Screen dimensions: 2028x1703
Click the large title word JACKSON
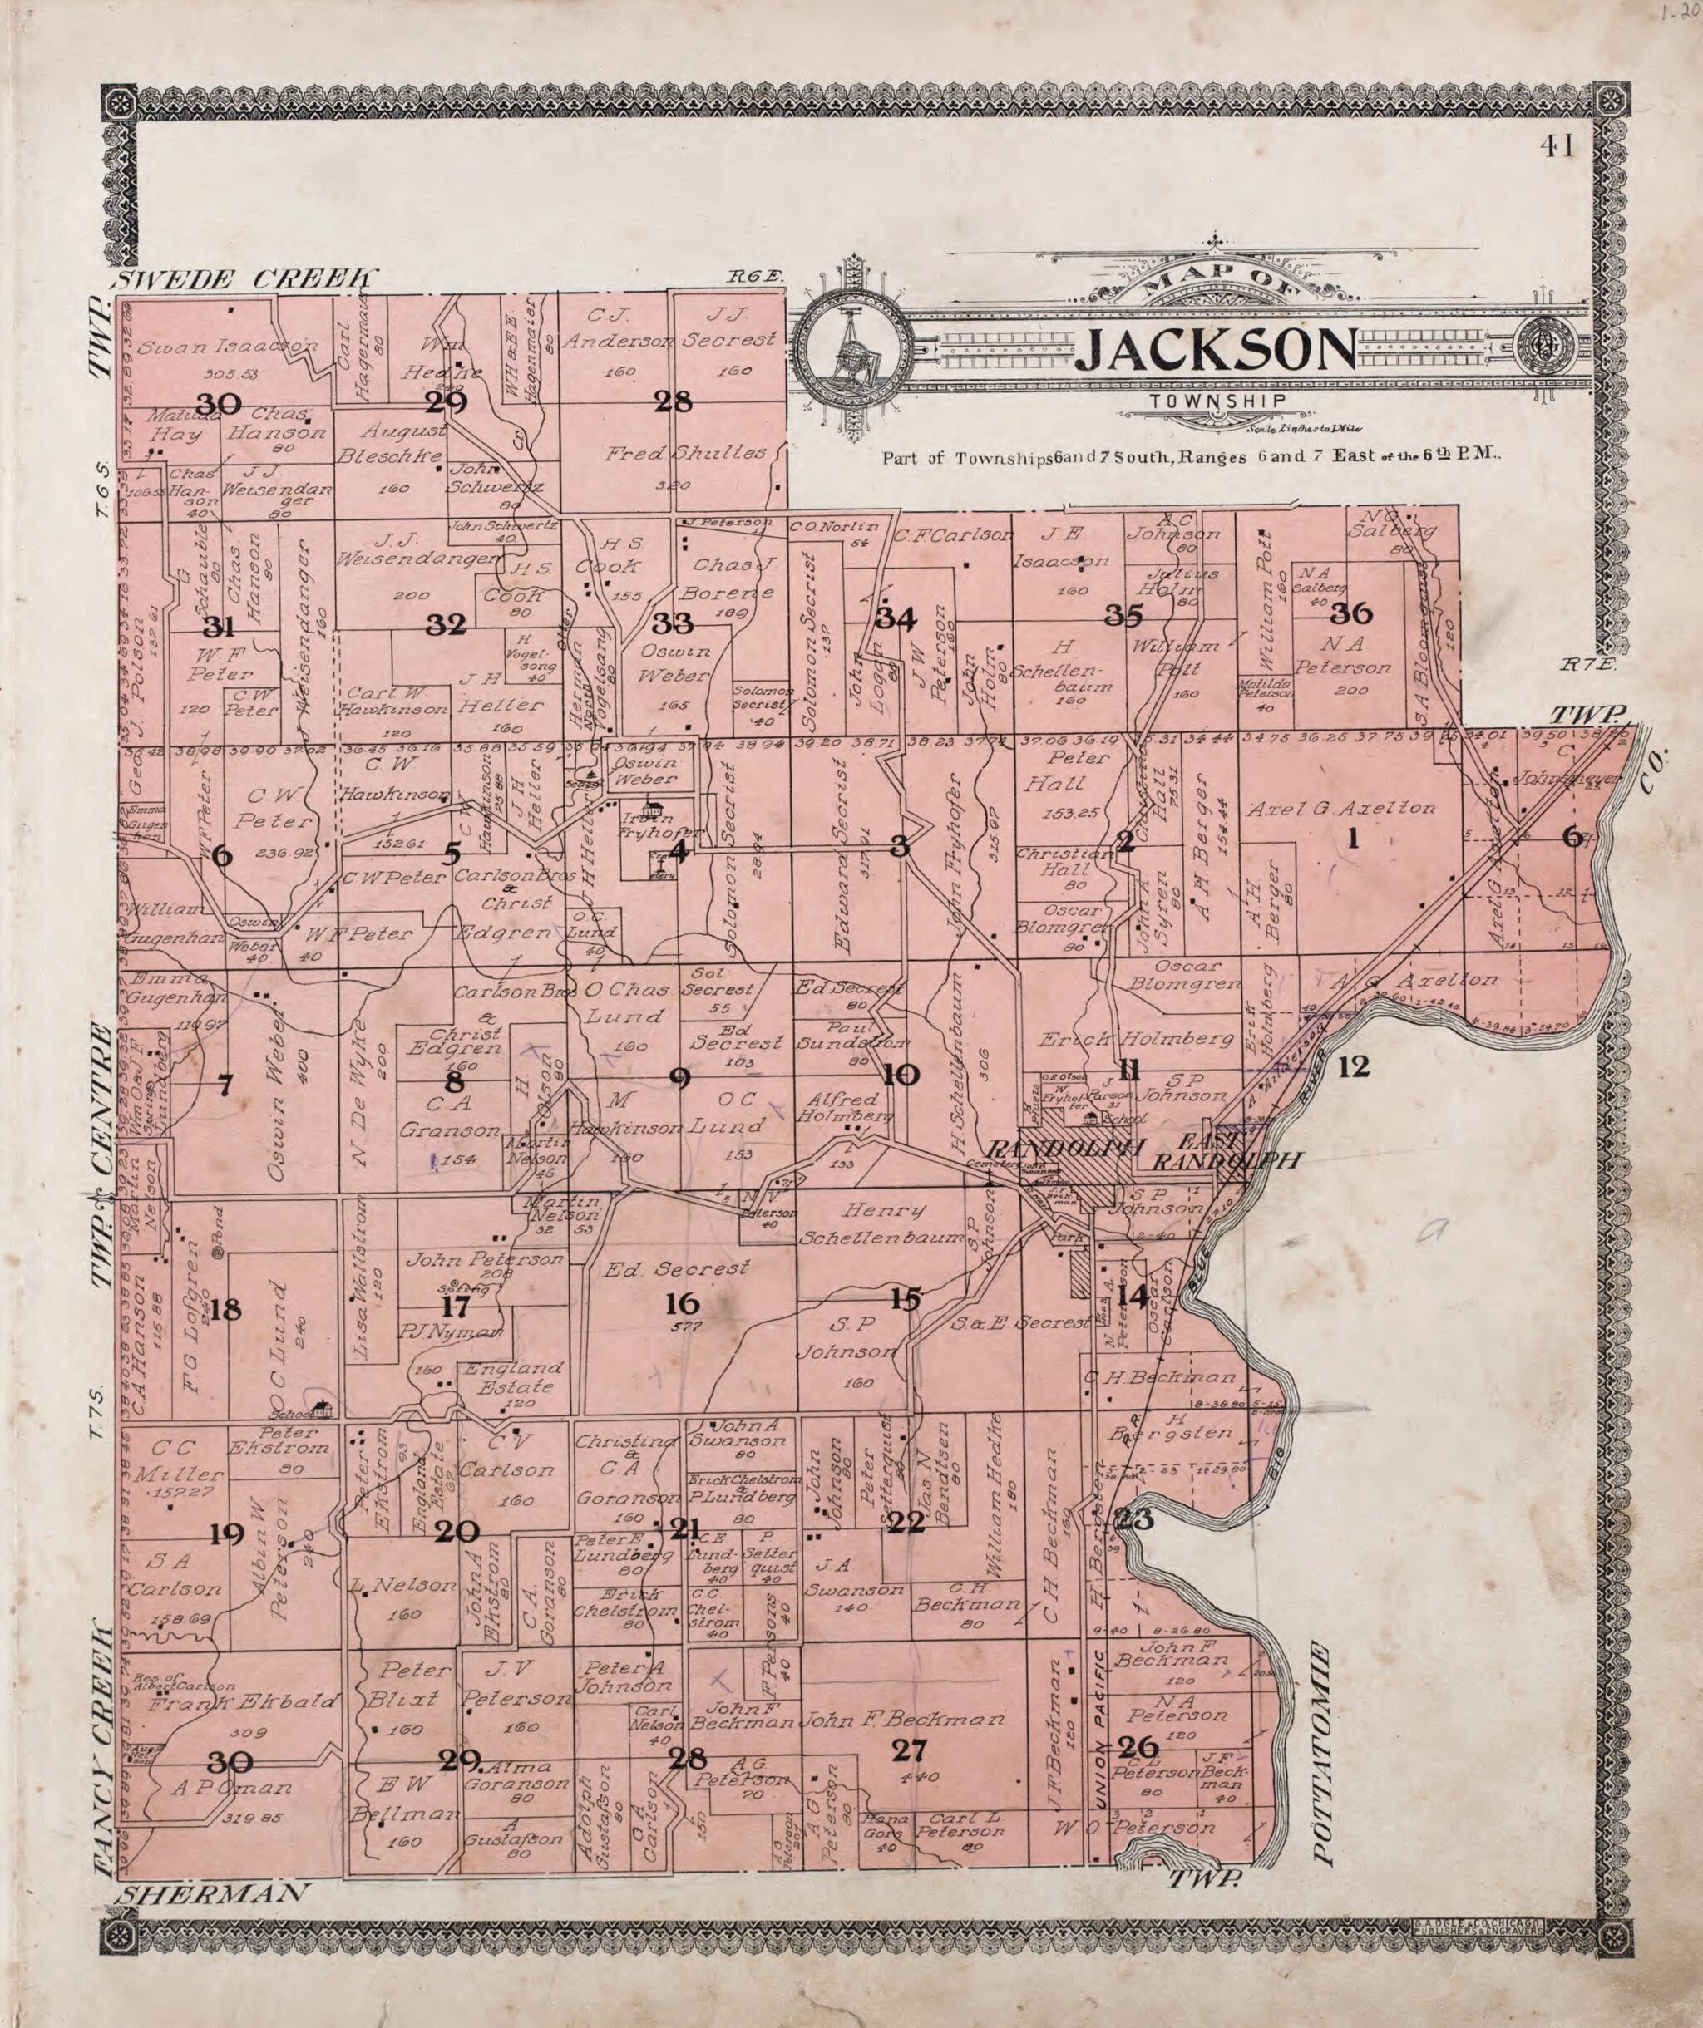coord(1214,352)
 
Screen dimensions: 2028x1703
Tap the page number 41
coord(1558,147)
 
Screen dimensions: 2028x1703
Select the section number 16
coord(675,1305)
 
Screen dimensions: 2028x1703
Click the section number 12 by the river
coord(1355,1067)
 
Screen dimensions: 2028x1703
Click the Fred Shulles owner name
coord(685,453)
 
